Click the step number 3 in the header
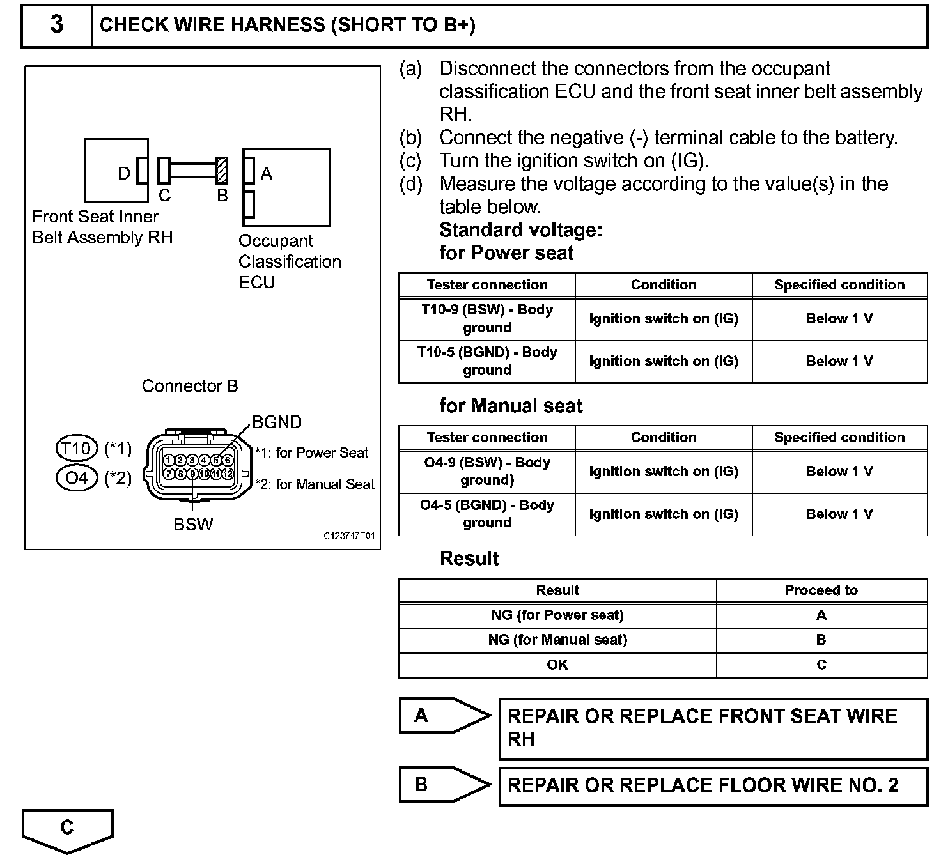[57, 25]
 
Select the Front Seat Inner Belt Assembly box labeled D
[116, 171]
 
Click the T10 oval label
[77, 449]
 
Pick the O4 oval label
[77, 477]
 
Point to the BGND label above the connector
[277, 422]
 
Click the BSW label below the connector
[193, 524]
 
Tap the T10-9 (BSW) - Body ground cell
[487, 318]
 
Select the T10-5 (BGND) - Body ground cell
[487, 361]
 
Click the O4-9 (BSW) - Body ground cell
[487, 471]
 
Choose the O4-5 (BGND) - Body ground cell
[487, 514]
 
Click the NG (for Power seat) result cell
[557, 615]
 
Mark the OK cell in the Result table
[557, 665]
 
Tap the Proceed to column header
[821, 590]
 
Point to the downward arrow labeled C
[67, 829]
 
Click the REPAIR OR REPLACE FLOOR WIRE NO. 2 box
[713, 786]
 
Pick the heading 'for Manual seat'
[511, 406]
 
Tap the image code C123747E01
[349, 536]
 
